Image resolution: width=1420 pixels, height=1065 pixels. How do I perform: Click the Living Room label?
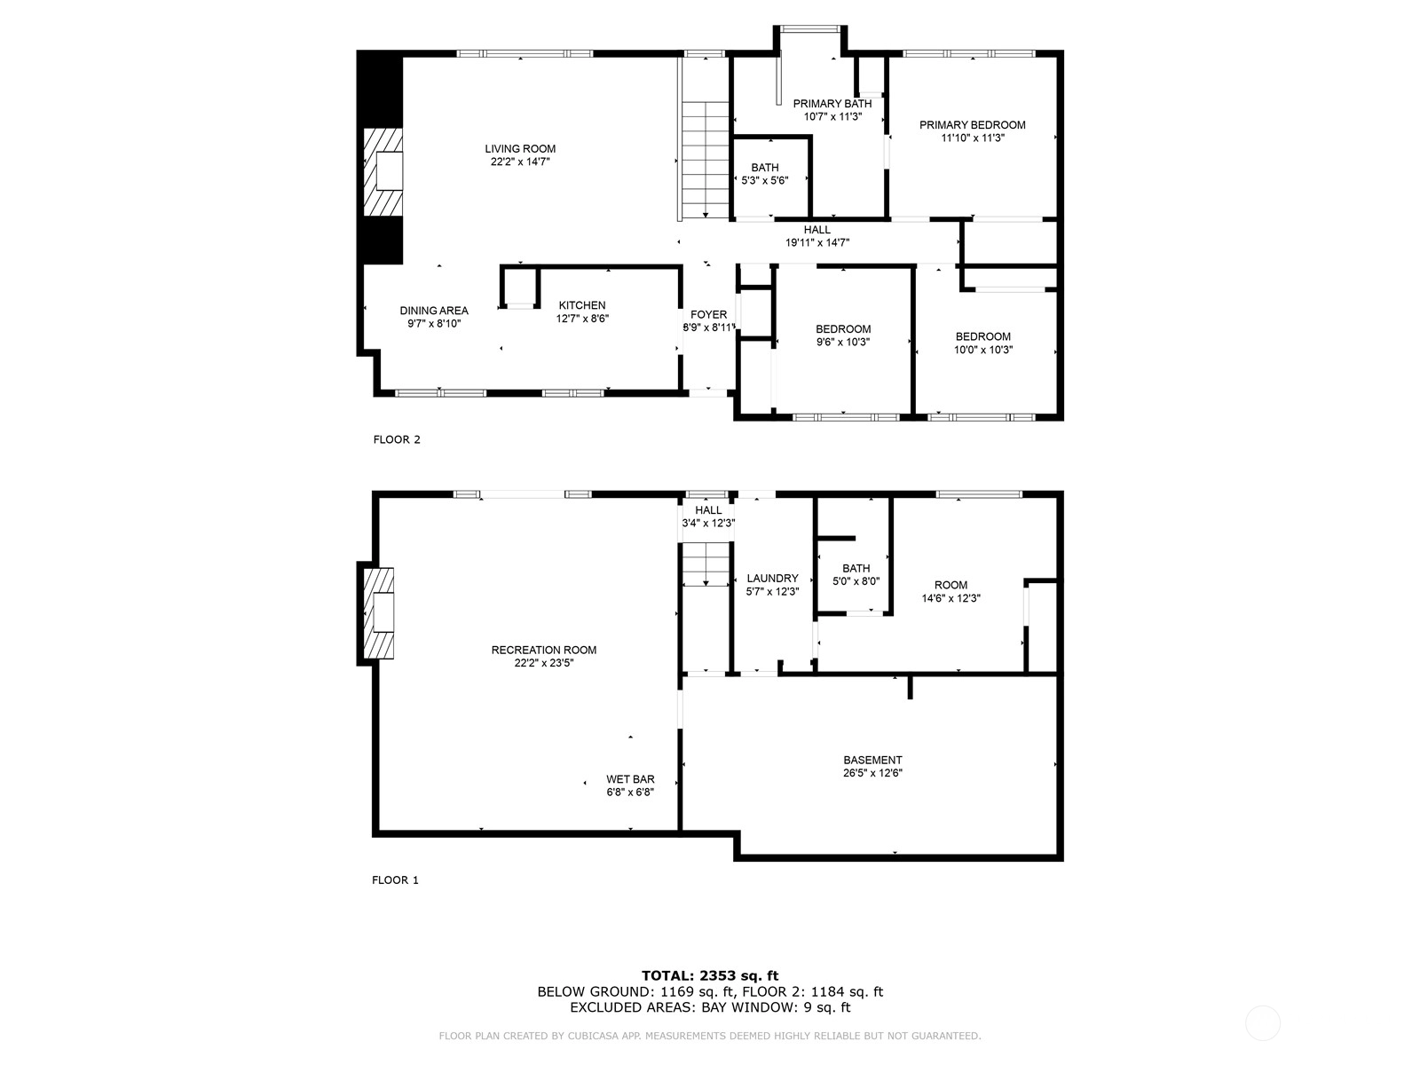[520, 149]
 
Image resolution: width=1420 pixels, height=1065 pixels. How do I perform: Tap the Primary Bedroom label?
[973, 125]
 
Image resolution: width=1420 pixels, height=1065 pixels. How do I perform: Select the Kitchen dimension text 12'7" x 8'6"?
[582, 318]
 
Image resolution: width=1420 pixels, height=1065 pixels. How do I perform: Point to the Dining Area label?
[434, 311]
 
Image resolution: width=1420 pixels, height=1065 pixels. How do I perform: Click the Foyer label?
[708, 314]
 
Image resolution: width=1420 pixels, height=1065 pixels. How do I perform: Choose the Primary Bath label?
[832, 104]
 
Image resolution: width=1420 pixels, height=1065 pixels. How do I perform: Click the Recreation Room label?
[544, 650]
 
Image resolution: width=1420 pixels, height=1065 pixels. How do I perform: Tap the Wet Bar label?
[630, 779]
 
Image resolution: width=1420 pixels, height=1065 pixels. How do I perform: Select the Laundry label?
[772, 578]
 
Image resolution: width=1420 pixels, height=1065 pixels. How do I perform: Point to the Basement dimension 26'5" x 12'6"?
[872, 773]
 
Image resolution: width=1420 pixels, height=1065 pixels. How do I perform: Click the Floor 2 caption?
[397, 439]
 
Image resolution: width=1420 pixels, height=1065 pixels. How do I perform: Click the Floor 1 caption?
[395, 880]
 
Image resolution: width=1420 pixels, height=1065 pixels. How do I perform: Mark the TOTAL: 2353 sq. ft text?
[710, 975]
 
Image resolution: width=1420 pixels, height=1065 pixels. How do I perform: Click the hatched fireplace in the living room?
[383, 171]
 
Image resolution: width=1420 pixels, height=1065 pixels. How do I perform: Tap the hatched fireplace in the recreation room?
[378, 613]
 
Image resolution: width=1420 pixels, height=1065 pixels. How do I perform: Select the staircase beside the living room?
[706, 161]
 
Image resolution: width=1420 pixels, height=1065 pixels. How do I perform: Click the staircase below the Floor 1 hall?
[706, 564]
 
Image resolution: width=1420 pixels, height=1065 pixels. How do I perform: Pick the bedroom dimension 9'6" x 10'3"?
[843, 342]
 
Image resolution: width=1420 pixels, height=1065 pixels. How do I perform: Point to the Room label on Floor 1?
[951, 585]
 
